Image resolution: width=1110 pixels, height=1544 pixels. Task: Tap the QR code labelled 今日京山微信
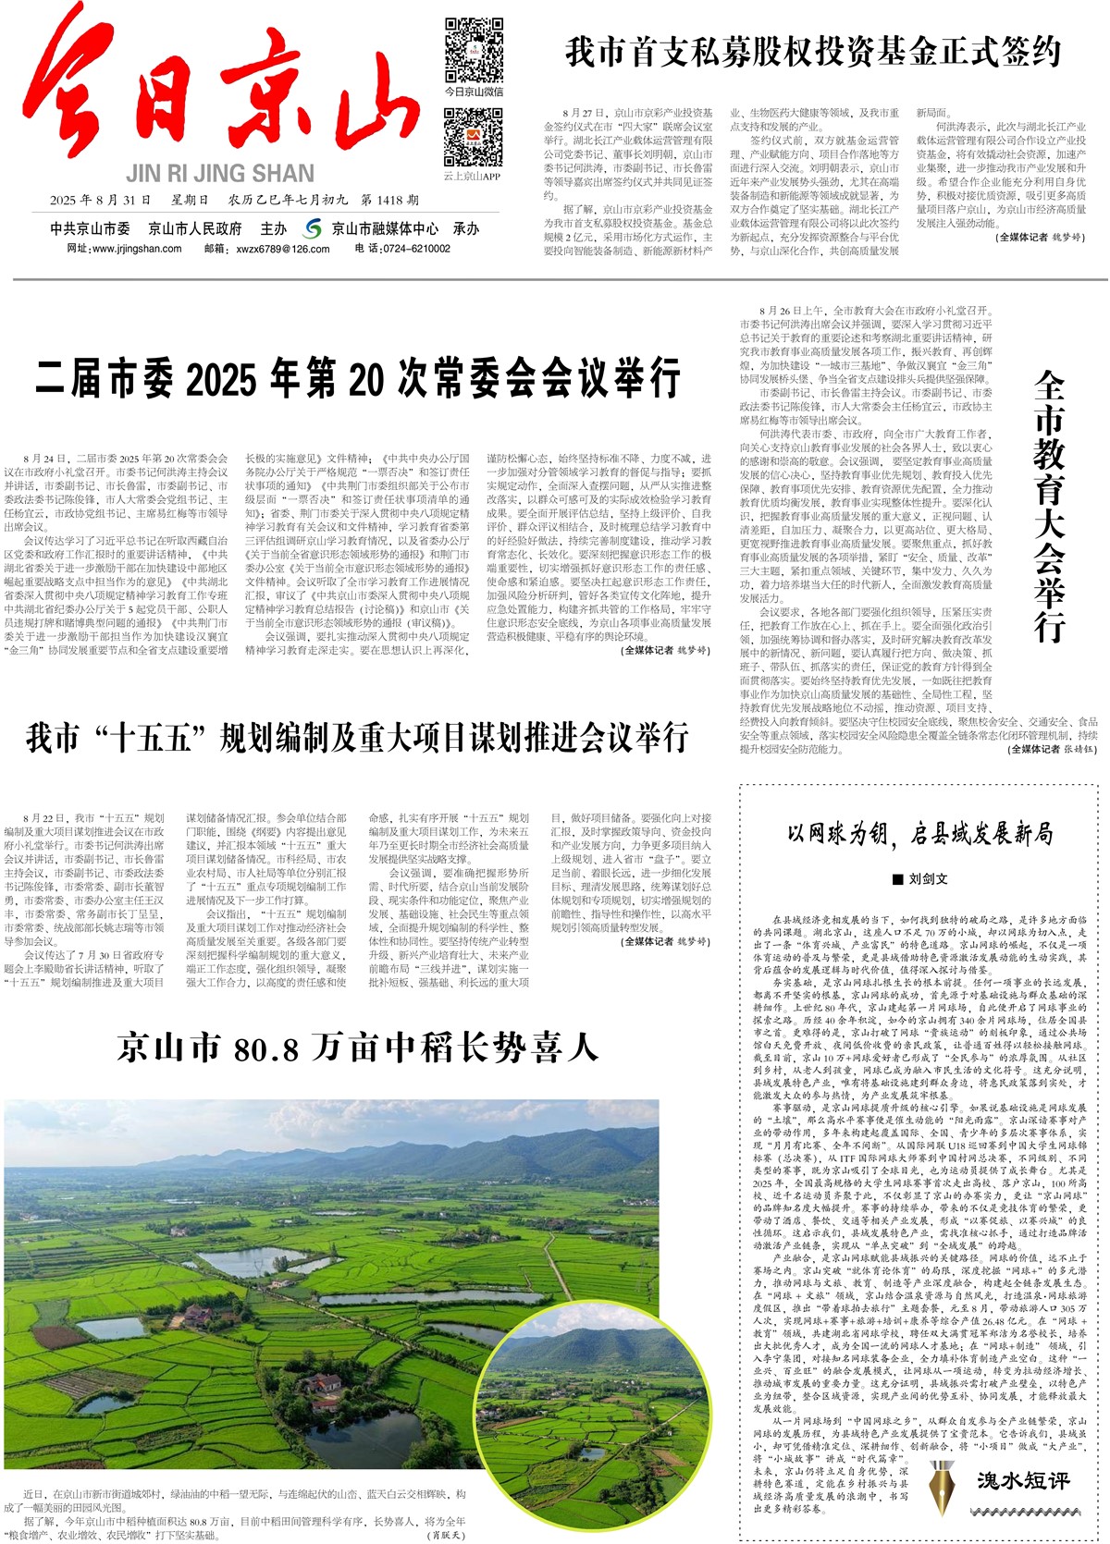[x=474, y=50]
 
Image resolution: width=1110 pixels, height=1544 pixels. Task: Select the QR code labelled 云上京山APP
[x=473, y=137]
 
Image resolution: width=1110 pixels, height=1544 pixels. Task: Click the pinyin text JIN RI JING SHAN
[x=220, y=174]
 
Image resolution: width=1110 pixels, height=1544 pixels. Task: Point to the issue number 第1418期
[x=390, y=200]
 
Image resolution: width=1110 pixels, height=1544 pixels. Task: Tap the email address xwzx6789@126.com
[x=283, y=249]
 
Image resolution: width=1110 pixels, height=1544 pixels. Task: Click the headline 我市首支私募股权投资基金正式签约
[x=812, y=52]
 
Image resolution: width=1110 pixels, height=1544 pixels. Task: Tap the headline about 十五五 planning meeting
[x=357, y=738]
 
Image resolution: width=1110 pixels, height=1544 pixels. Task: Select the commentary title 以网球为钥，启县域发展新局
[x=919, y=834]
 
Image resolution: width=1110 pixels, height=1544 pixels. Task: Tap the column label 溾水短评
[x=1023, y=1480]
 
